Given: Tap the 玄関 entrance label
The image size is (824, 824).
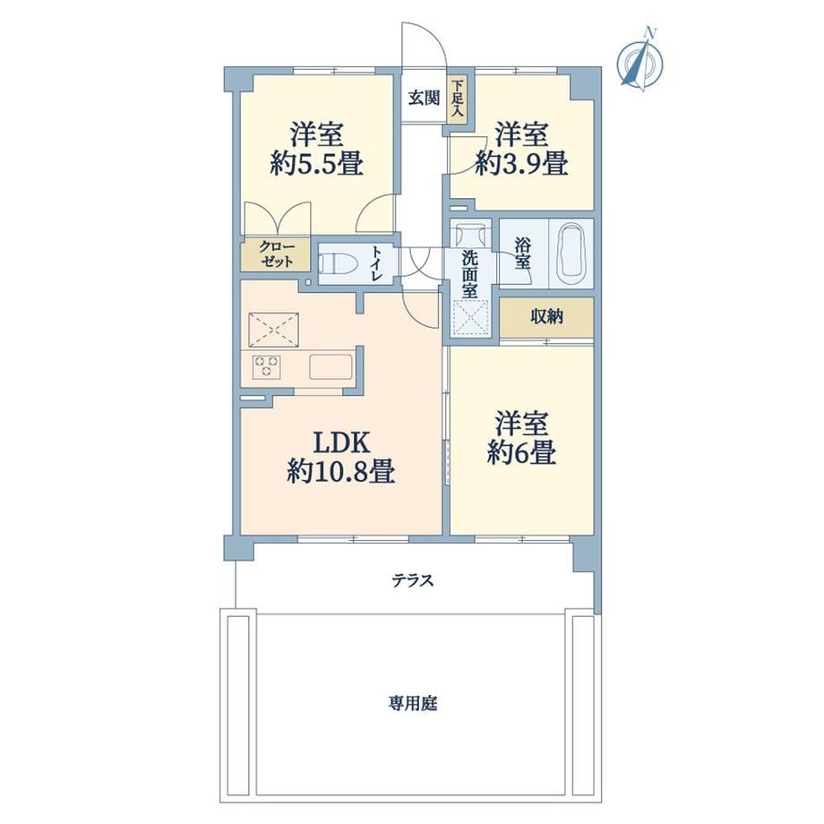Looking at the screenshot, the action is click(424, 99).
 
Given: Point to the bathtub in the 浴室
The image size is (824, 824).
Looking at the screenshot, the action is click(571, 253).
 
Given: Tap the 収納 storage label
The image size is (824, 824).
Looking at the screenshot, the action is click(546, 316).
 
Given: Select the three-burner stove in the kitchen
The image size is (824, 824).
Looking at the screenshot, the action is click(266, 365).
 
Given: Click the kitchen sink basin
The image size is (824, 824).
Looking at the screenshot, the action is click(330, 366).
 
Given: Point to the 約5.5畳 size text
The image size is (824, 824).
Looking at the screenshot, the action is click(317, 165).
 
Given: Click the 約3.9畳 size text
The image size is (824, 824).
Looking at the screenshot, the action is click(521, 164).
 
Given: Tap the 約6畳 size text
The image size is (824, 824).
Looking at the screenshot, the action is click(521, 453).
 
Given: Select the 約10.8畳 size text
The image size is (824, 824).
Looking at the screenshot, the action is click(341, 471).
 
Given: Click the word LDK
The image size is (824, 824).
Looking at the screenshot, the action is click(341, 442).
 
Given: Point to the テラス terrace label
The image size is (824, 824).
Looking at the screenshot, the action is click(413, 580).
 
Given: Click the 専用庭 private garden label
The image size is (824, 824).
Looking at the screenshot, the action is click(413, 703).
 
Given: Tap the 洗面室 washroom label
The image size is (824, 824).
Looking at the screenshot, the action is click(469, 274).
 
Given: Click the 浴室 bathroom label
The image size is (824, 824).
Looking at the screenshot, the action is click(522, 253).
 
